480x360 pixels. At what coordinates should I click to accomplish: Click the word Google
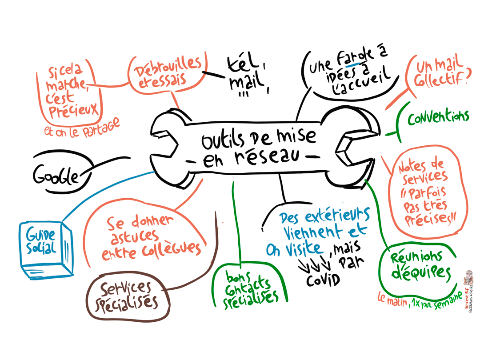pos(56,175)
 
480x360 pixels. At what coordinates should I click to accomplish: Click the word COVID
pos(323,280)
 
